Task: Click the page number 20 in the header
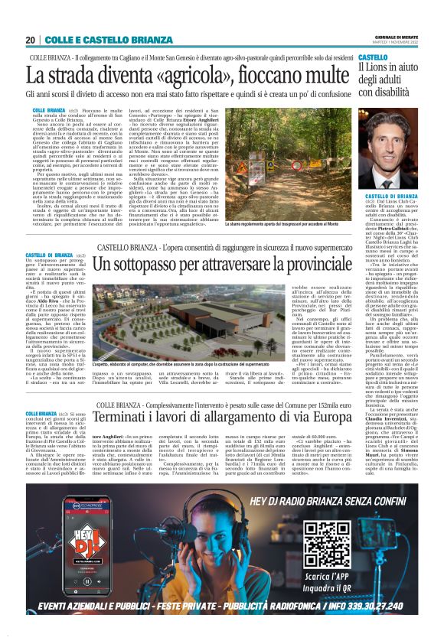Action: point(30,40)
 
